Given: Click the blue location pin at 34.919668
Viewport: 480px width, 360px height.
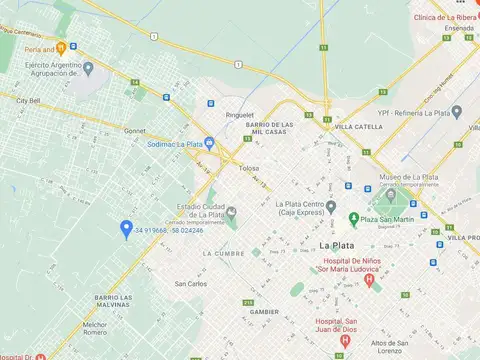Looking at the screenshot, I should (126, 229).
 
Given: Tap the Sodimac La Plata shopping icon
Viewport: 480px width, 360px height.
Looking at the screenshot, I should (208, 143).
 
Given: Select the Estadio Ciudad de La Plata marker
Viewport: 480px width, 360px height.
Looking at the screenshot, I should (231, 211).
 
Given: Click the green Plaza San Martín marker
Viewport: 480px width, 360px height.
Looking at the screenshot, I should (353, 219).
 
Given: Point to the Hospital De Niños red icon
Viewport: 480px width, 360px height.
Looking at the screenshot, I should (369, 281).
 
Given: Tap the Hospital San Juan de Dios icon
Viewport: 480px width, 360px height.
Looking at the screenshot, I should (345, 340).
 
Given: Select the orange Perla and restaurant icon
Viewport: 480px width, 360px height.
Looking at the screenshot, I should (61, 47).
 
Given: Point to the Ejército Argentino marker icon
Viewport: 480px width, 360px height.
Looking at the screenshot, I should (88, 68).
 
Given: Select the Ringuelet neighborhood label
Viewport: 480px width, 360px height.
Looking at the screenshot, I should (240, 114).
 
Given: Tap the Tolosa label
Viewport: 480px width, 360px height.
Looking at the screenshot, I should (249, 168).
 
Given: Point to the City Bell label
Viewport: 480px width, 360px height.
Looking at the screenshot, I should (27, 100).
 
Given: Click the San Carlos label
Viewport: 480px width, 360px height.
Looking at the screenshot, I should (190, 283).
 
